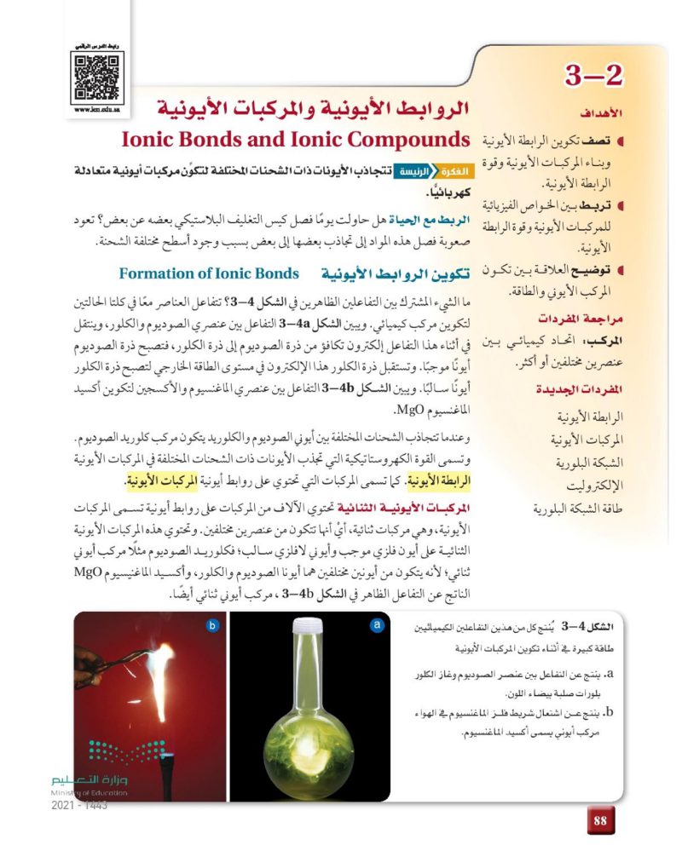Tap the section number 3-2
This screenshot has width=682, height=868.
point(594,78)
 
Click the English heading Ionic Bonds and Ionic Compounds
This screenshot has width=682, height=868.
point(297,140)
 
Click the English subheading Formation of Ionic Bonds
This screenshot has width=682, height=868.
point(210,273)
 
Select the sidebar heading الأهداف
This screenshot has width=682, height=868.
point(597,112)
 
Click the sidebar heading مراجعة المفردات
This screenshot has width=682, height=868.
point(580,319)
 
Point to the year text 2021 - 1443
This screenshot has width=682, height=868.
point(79,805)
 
